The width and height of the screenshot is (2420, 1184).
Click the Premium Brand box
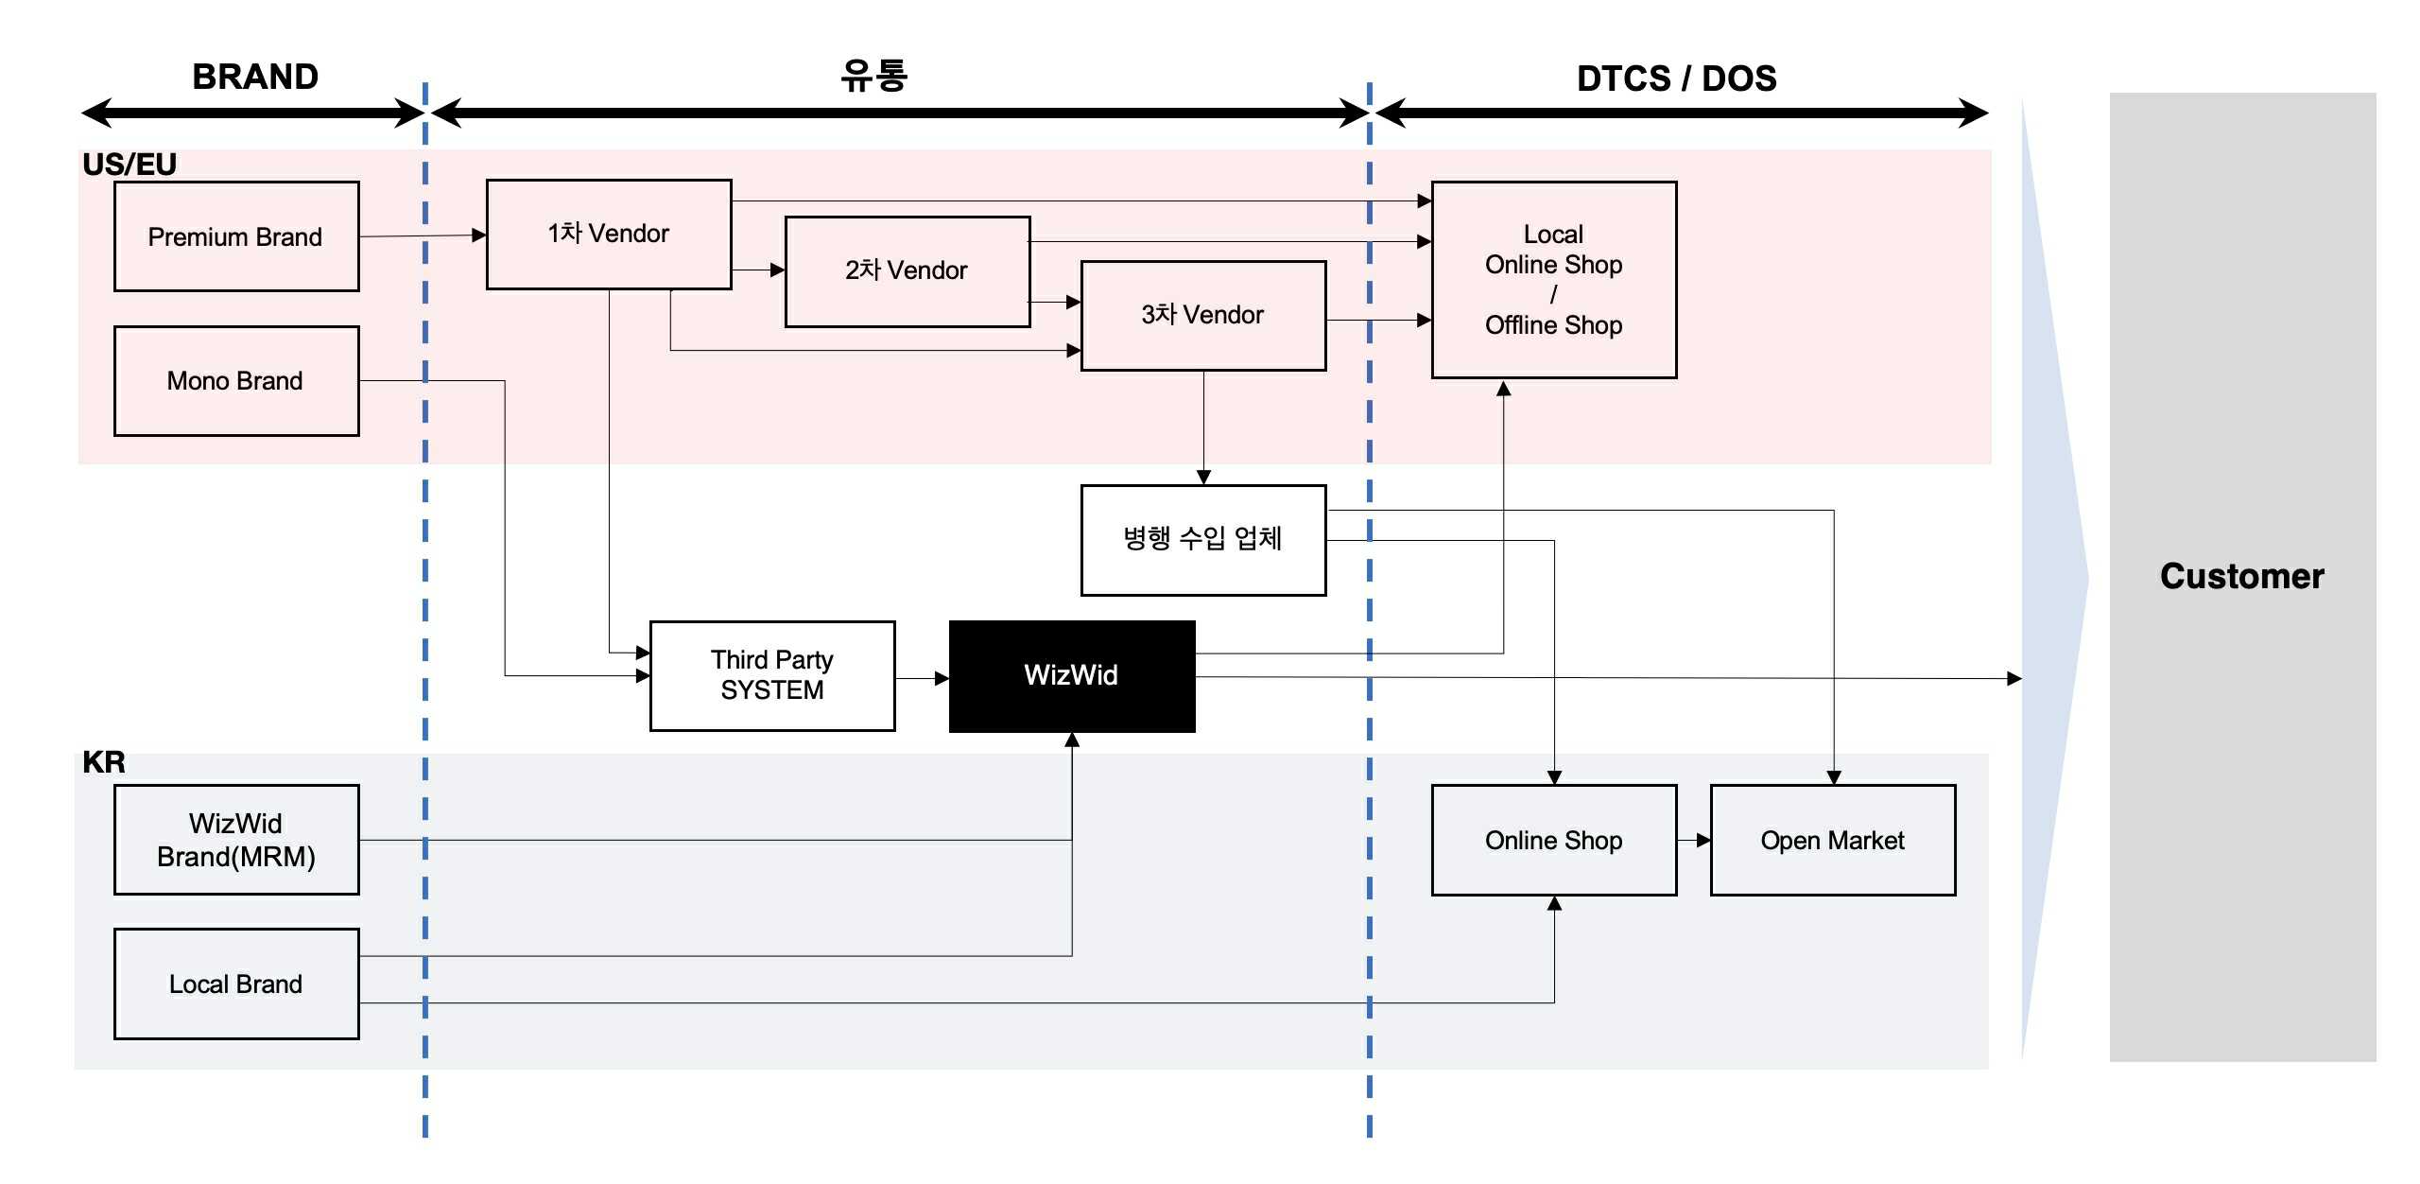pyautogui.click(x=236, y=236)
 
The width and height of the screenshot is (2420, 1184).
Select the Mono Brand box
pyautogui.click(x=236, y=381)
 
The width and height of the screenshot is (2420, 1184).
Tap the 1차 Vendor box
pyautogui.click(x=609, y=234)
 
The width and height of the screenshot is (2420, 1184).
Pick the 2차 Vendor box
pyautogui.click(x=907, y=271)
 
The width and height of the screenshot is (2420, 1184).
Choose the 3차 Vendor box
pyautogui.click(x=1202, y=315)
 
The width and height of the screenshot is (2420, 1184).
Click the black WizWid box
pyautogui.click(x=1072, y=675)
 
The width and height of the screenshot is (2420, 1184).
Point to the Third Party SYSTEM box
pyautogui.click(x=772, y=675)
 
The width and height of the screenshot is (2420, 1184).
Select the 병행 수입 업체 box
pyautogui.click(x=1202, y=540)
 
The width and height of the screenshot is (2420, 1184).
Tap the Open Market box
pyautogui.click(x=1832, y=840)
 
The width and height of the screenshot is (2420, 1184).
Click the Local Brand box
pyautogui.click(x=236, y=984)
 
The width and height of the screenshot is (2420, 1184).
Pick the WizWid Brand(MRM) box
pyautogui.click(x=236, y=840)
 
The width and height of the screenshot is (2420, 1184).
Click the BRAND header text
pyautogui.click(x=255, y=77)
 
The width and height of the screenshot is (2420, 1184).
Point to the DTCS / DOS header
pyautogui.click(x=1676, y=78)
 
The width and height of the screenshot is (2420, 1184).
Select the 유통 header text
pyautogui.click(x=873, y=76)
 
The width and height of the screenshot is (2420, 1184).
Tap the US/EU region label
pyautogui.click(x=130, y=165)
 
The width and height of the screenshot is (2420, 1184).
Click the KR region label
pyautogui.click(x=104, y=762)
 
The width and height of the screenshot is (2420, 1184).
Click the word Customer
pyautogui.click(x=2241, y=576)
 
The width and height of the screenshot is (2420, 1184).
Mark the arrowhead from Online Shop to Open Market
pyautogui.click(x=1703, y=840)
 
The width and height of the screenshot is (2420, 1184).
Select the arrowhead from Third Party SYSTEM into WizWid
pyautogui.click(x=942, y=678)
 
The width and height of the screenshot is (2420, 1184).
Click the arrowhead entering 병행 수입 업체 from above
pyautogui.click(x=1203, y=478)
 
